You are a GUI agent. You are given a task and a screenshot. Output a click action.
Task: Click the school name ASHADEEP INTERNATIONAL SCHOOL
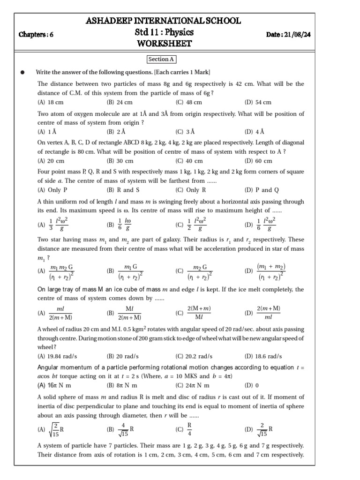[164, 21]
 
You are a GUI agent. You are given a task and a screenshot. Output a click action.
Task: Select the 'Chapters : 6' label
[36, 35]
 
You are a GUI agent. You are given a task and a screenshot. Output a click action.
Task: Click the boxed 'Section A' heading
[161, 60]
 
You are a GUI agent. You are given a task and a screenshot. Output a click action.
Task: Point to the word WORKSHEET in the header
[164, 44]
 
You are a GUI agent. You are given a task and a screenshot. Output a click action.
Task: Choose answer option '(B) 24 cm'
[120, 102]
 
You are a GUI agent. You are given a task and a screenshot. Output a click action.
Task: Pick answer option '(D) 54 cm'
[258, 102]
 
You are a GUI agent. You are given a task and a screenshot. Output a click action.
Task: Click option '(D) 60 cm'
[258, 161]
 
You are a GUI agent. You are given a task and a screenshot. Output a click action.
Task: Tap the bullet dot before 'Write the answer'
[22, 72]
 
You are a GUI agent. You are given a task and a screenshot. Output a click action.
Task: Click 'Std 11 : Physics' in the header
[164, 33]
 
